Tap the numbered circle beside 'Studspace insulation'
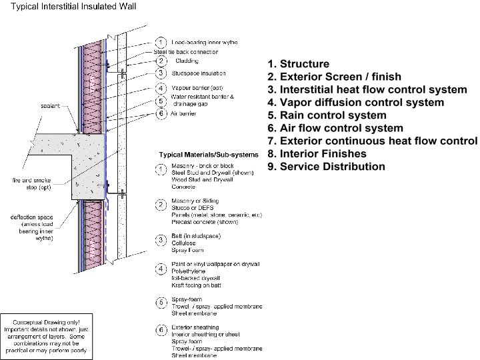[161, 73]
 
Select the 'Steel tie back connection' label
[186, 51]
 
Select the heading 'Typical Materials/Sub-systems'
[207, 155]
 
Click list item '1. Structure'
[298, 64]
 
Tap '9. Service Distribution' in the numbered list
[326, 166]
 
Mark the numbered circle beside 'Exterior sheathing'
[161, 328]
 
